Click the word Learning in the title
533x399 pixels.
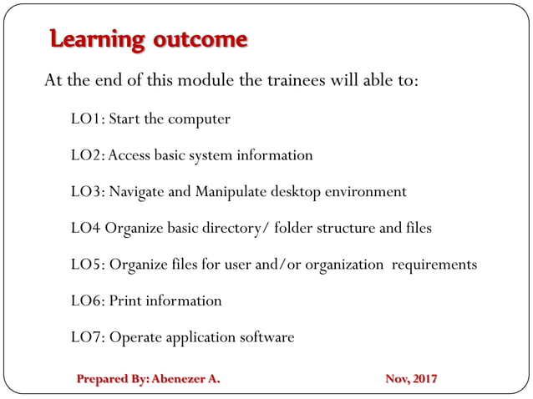tap(94, 39)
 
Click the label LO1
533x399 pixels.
tap(86, 119)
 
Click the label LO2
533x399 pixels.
tap(86, 155)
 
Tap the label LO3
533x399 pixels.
tap(86, 192)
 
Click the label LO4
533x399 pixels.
tap(84, 228)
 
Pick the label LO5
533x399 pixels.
tap(86, 265)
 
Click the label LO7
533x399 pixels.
tap(86, 337)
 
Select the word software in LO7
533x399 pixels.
tap(267, 337)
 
